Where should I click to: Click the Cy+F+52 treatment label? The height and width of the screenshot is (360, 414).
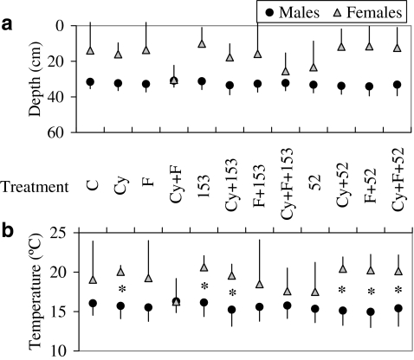(x=398, y=185)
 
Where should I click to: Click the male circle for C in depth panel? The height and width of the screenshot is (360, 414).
(x=90, y=82)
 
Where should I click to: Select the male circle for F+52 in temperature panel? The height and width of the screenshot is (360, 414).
(x=370, y=312)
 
